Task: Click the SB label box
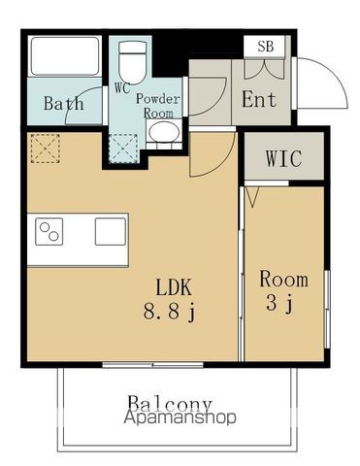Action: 264,47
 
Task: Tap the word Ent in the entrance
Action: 259,99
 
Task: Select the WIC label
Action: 283,158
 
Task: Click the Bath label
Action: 64,103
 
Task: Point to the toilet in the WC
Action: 132,62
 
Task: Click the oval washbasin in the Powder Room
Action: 165,132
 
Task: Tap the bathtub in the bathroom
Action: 65,56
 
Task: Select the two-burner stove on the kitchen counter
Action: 49,232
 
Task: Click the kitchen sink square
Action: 111,231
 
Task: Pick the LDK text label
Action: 174,287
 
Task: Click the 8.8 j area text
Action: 169,313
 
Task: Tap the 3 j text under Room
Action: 279,304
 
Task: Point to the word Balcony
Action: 170,403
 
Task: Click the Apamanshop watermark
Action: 180,417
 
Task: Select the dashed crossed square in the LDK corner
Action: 46,149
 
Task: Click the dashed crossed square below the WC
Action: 123,150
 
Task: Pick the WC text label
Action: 122,88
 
